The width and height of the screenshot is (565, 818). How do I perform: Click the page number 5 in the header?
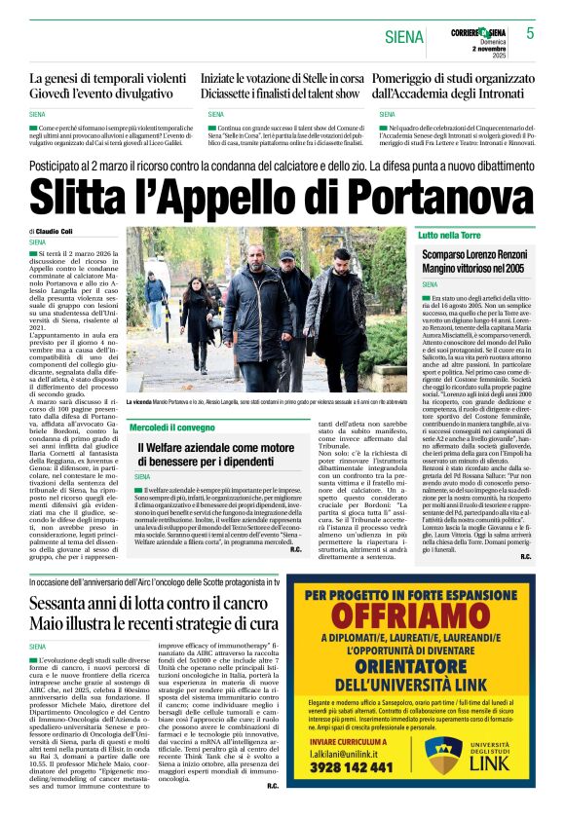pyautogui.click(x=530, y=33)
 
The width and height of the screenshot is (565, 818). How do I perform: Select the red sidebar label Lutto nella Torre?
pyautogui.click(x=451, y=236)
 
